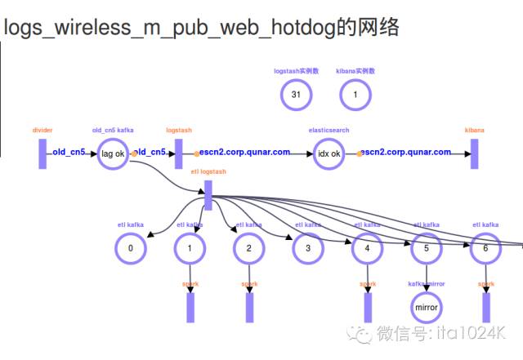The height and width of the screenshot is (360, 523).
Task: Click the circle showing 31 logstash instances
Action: [x=296, y=96]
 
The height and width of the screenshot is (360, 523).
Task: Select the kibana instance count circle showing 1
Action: [x=355, y=96]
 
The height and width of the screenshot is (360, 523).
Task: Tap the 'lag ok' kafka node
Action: [x=113, y=153]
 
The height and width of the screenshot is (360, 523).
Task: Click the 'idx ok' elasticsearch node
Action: [x=329, y=153]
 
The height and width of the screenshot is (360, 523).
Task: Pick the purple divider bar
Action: [x=42, y=153]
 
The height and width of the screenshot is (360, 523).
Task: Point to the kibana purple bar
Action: [x=474, y=153]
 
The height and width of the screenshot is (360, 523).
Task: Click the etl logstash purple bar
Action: [x=208, y=194]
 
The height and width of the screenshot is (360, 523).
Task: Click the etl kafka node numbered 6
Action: [x=485, y=247]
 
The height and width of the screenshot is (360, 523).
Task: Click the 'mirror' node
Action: [x=427, y=308]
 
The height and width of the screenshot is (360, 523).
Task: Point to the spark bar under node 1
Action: [x=190, y=306]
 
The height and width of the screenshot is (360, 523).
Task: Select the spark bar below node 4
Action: [x=368, y=306]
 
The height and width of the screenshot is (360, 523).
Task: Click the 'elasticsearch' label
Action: [x=329, y=130]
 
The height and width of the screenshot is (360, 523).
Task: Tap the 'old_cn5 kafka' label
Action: [x=113, y=130]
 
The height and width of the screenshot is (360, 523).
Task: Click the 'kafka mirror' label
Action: [x=427, y=284]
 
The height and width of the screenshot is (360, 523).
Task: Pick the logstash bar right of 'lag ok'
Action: [x=179, y=153]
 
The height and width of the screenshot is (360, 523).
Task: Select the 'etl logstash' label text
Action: [x=208, y=172]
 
